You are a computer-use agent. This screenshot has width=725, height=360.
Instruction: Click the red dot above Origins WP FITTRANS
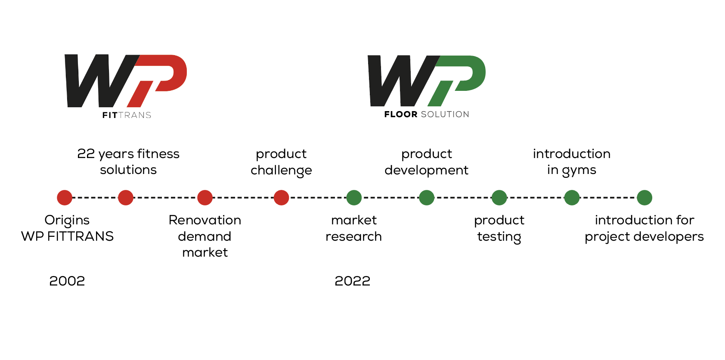pos(65,198)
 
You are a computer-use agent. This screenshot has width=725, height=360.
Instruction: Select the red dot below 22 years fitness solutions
pos(126,198)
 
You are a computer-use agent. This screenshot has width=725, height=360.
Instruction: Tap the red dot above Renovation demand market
pos(205,198)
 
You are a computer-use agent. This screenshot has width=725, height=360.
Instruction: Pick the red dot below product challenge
pos(281,198)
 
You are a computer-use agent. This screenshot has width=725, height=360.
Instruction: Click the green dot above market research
pos(354,198)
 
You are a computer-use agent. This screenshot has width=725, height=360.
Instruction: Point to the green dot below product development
pos(427,198)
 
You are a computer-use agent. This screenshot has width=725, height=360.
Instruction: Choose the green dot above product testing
pos(499,198)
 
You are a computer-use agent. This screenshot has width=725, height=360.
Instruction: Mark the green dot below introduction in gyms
pos(572,198)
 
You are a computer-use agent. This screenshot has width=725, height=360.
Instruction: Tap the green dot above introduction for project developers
pos(644,198)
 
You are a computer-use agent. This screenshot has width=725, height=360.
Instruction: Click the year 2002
pos(67,281)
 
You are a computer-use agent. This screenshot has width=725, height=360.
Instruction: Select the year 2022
pos(353,281)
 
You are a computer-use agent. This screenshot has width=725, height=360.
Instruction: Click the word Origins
pos(67,220)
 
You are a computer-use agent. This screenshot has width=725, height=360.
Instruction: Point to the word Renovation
pos(205,220)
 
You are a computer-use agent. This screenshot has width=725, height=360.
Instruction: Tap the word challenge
pos(281,171)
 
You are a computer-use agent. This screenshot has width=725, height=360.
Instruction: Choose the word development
pos(427,171)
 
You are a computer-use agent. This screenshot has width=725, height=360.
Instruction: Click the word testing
pos(499,237)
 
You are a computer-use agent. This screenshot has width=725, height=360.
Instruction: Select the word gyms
pos(579,171)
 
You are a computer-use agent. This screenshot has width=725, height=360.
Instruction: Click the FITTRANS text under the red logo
pos(127,115)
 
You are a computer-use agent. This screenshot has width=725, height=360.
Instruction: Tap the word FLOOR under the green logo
pos(401,114)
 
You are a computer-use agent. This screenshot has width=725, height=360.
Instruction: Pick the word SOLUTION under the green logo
pos(445,114)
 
